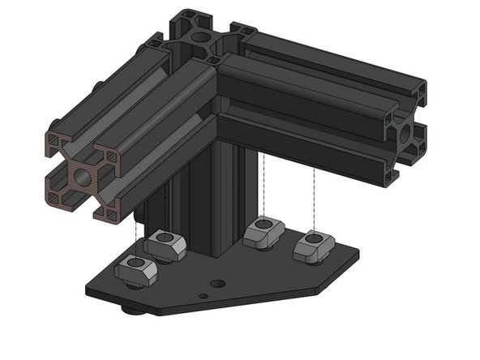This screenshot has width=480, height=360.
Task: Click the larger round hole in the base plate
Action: pyautogui.click(x=216, y=284)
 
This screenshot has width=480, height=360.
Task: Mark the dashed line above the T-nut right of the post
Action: pyautogui.click(x=265, y=186)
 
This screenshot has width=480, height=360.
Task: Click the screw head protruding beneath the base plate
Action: pyautogui.click(x=128, y=310)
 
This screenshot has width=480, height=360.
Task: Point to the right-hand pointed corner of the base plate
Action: pyautogui.click(x=358, y=258)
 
